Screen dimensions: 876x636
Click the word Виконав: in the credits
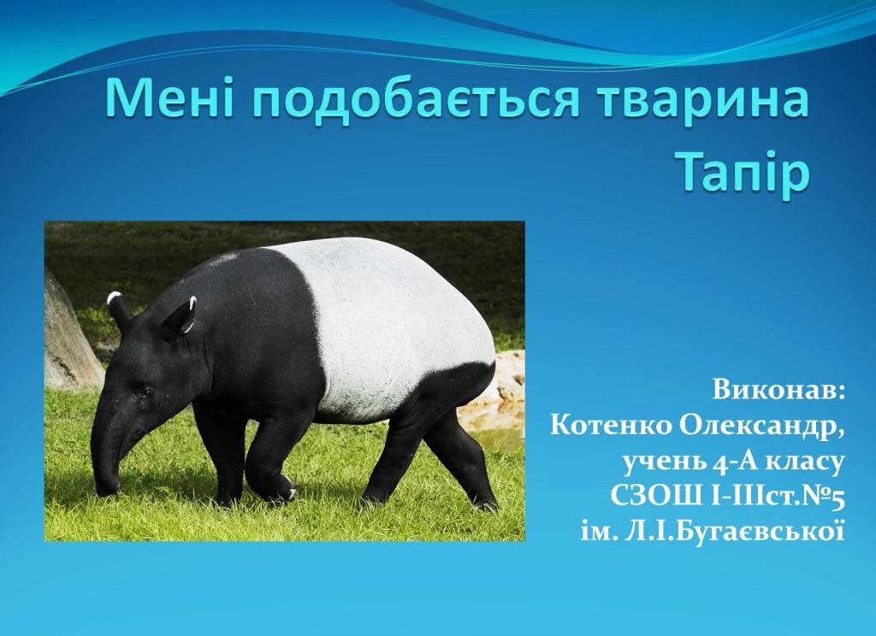(x=778, y=391)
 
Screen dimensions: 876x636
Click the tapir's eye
(x=145, y=391)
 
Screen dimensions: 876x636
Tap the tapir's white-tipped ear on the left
(x=118, y=310)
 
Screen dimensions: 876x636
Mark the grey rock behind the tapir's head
(x=70, y=335)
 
